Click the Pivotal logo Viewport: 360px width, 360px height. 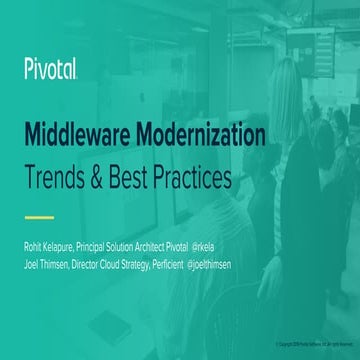[x=52, y=69]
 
